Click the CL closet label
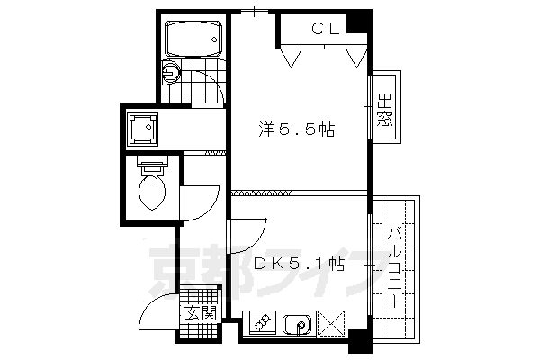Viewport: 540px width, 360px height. click(x=325, y=29)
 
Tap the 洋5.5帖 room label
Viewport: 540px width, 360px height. click(x=297, y=130)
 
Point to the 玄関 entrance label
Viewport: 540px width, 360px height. click(x=201, y=313)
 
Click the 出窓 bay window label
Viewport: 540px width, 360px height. click(x=385, y=111)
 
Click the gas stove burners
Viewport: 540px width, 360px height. click(x=264, y=323)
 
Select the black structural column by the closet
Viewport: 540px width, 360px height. click(x=359, y=21)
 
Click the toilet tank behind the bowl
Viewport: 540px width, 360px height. click(x=151, y=166)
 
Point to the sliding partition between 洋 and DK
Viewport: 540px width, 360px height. click(x=261, y=193)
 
